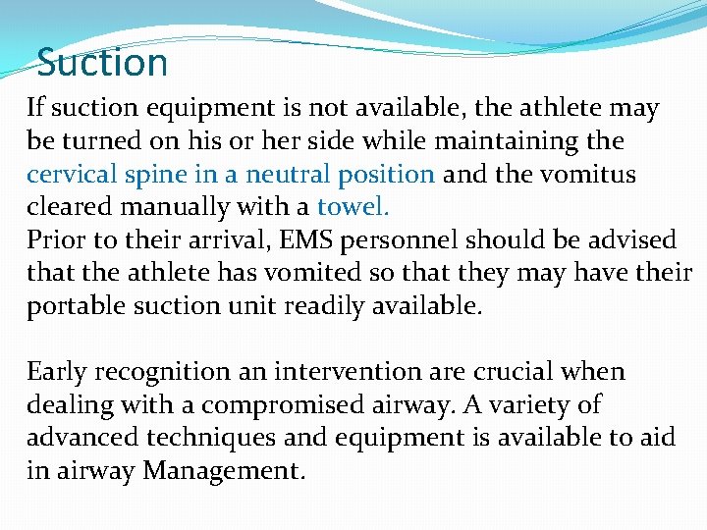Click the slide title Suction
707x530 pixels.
(x=103, y=64)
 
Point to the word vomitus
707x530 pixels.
(x=587, y=175)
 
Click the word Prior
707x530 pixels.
(x=56, y=240)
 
